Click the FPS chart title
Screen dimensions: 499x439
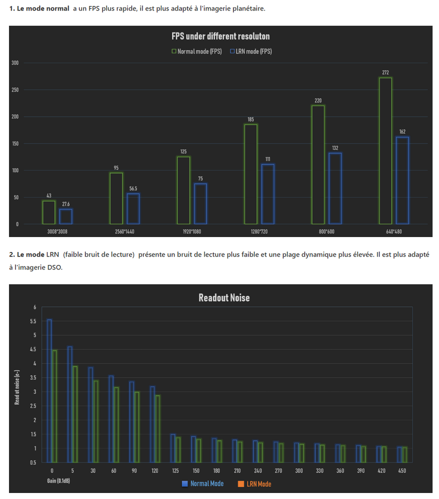point(220,36)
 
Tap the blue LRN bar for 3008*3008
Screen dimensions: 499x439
point(66,216)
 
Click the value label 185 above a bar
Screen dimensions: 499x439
point(250,120)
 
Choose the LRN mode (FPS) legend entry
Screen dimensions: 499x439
point(251,51)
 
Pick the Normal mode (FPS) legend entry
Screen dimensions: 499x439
point(197,51)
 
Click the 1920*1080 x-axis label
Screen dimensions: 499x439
point(201,232)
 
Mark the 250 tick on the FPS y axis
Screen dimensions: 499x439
point(15,90)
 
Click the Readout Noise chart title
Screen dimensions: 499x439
point(224,298)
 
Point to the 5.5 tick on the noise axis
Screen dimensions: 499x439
point(33,321)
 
